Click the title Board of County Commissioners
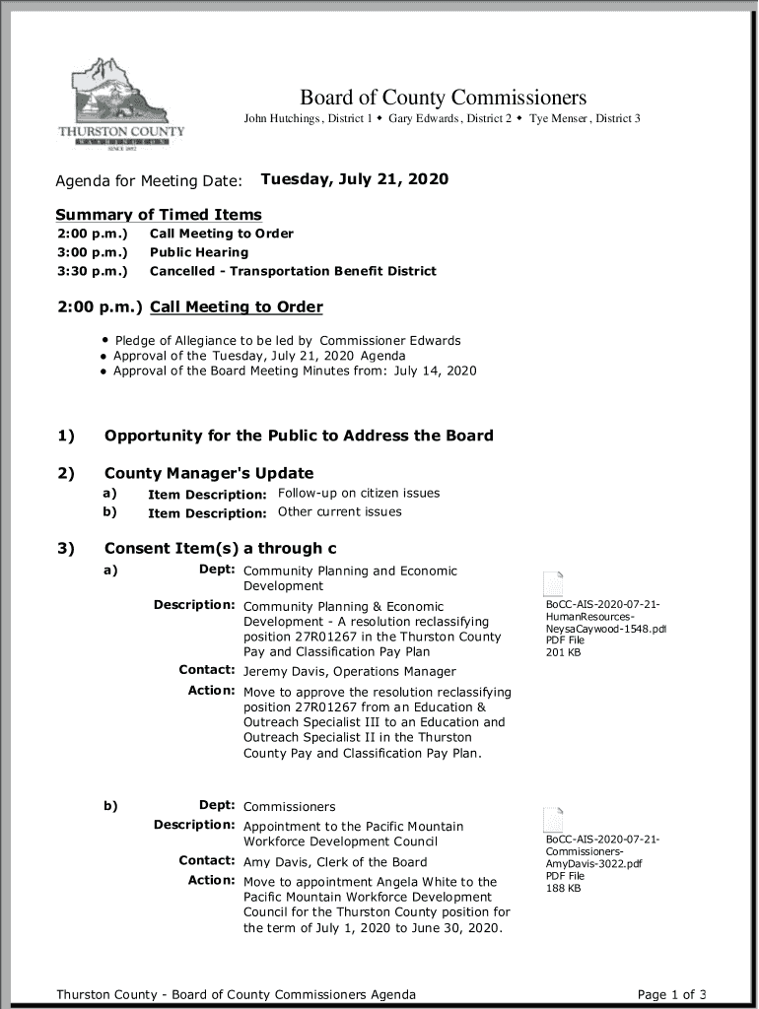(443, 98)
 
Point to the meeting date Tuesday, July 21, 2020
(354, 179)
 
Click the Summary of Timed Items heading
(159, 215)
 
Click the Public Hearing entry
(198, 252)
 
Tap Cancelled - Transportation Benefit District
(292, 271)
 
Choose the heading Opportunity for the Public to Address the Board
(299, 436)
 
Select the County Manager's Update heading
(209, 473)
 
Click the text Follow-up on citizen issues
(359, 493)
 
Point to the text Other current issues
(339, 511)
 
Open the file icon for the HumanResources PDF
(554, 582)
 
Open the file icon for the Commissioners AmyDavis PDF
(554, 819)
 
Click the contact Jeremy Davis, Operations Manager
(349, 672)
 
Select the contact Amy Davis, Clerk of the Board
(335, 862)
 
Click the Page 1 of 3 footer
(672, 994)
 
